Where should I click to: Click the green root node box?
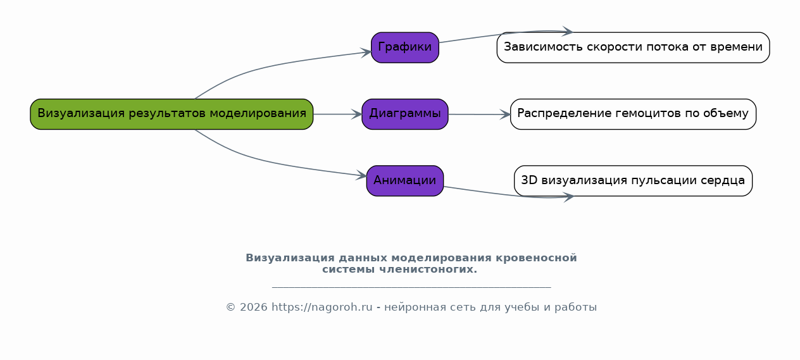(x=172, y=115)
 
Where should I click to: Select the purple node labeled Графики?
(x=405, y=47)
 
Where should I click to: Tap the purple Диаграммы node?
(x=405, y=115)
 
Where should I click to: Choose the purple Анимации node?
(x=405, y=181)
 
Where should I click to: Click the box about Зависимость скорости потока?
(x=633, y=47)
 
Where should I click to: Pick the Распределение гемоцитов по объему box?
(x=633, y=115)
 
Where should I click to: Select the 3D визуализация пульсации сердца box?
(x=633, y=181)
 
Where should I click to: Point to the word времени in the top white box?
(x=737, y=47)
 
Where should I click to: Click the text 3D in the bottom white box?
(x=529, y=180)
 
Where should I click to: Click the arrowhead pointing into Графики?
(x=366, y=53)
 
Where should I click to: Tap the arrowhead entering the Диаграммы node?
(x=357, y=115)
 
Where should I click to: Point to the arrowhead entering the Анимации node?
(x=361, y=175)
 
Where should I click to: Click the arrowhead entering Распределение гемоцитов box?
(x=505, y=115)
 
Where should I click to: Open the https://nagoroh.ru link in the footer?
(x=322, y=307)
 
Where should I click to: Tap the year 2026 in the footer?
(x=254, y=307)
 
